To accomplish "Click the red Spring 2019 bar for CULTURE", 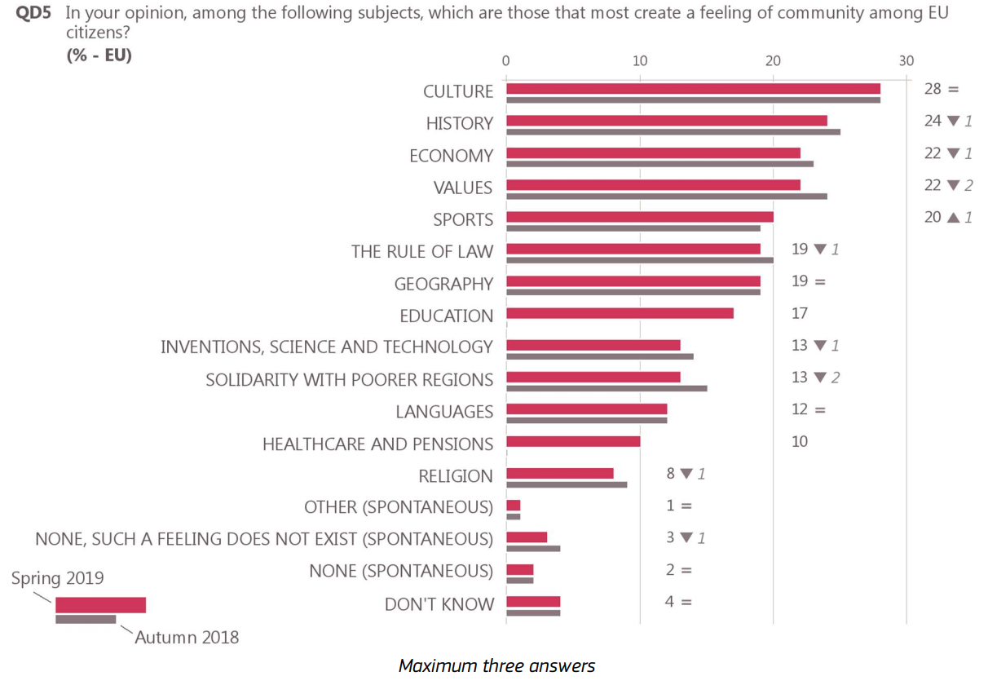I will point(693,88).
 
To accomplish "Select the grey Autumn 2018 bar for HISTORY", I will point(673,132).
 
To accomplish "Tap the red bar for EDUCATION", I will point(620,313).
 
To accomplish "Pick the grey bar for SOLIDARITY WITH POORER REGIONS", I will point(606,388).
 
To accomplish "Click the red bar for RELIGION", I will point(559,473).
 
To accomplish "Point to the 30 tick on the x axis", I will point(906,60).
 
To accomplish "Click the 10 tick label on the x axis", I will point(640,60).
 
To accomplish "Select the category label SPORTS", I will point(463,219).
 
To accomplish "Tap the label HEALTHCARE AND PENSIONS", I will point(377,444).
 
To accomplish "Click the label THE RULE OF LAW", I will point(422,251).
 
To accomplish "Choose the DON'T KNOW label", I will point(439,604).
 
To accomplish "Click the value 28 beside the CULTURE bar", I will point(933,89).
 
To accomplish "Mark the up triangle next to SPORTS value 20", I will point(953,217).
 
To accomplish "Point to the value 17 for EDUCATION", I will point(800,313).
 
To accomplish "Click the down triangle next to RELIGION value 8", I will point(686,473).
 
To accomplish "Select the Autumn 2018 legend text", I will point(187,638).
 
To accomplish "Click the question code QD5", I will point(33,14).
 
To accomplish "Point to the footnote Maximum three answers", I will point(496,666).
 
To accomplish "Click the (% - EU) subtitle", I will point(99,55).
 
